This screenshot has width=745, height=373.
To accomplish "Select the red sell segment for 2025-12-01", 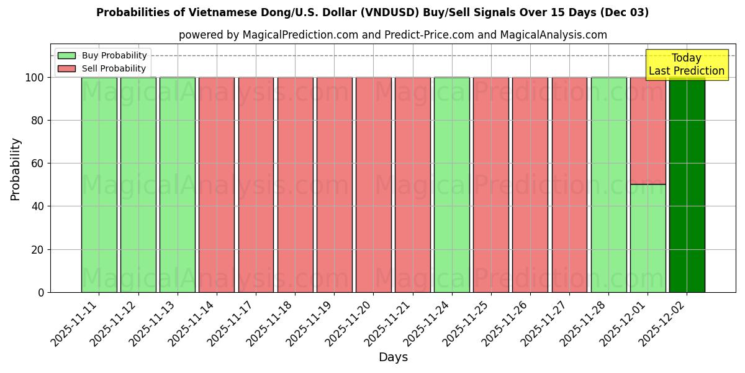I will tap(648, 131).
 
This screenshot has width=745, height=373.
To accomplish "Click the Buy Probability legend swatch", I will tap(66, 56).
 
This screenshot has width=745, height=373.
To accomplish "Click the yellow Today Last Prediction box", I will tap(686, 65).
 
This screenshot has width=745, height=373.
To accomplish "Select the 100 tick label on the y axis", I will tap(34, 78).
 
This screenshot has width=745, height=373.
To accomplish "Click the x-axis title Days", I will tap(393, 357).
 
